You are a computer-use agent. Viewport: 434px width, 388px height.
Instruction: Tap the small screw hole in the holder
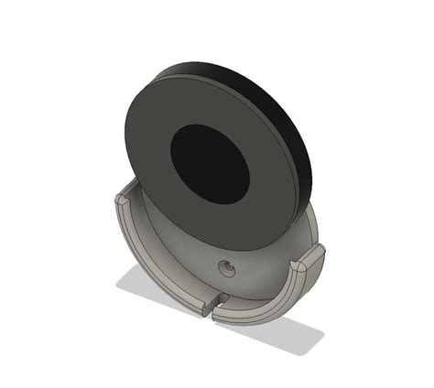click(225, 267)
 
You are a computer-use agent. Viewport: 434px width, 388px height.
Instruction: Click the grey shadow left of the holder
click(137, 284)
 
